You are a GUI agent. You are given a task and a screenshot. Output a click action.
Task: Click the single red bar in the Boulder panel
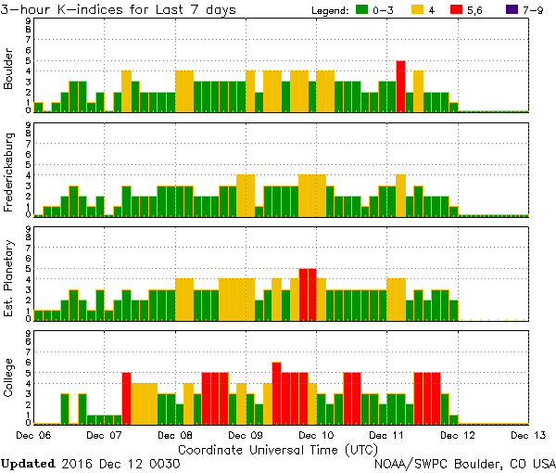[400, 86]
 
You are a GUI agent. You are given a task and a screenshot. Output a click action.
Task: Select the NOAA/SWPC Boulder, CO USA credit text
[464, 463]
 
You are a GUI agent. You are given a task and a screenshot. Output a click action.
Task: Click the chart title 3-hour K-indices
[74, 9]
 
